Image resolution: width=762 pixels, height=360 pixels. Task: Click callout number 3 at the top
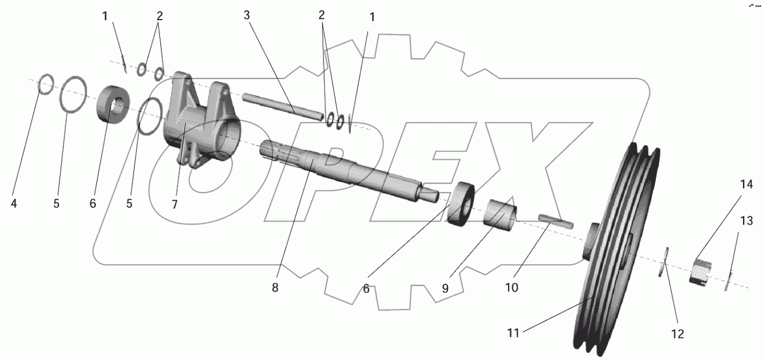[x=246, y=15]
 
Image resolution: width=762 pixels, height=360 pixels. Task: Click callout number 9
[x=445, y=288]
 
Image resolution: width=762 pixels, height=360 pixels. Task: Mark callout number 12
[x=677, y=333]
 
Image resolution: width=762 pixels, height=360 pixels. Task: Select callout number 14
[x=747, y=185]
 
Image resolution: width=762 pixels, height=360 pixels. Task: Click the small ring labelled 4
[x=46, y=86]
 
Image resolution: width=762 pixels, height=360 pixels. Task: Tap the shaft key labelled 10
[x=555, y=220]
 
